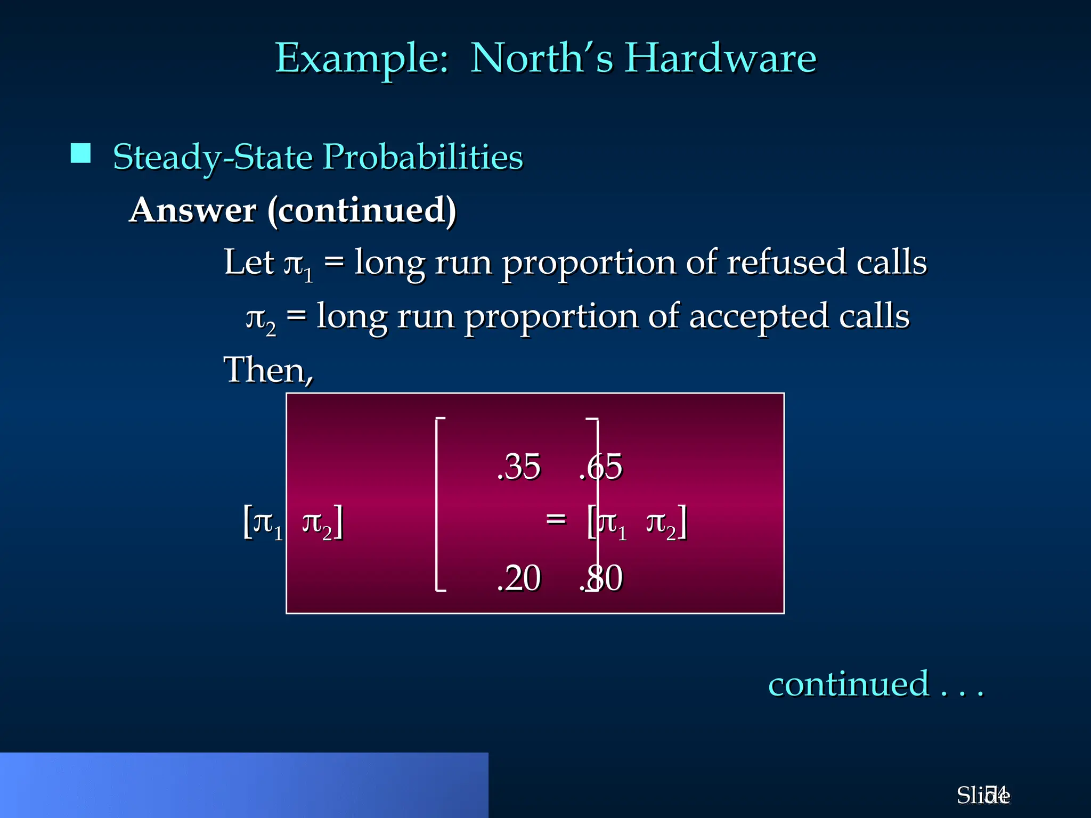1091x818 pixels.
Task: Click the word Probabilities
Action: [x=423, y=158]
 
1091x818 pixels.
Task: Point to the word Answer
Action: [x=193, y=210]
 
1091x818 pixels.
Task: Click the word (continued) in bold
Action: [x=362, y=211]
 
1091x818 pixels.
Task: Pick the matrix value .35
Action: [x=518, y=467]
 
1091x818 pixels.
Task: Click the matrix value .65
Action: [x=601, y=467]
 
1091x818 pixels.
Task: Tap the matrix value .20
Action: [x=518, y=578]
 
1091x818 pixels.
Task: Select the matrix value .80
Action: [x=601, y=578]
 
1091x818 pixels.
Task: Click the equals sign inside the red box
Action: [x=556, y=518]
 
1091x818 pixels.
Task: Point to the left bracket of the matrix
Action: [x=438, y=504]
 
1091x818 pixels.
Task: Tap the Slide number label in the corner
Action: [x=983, y=795]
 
